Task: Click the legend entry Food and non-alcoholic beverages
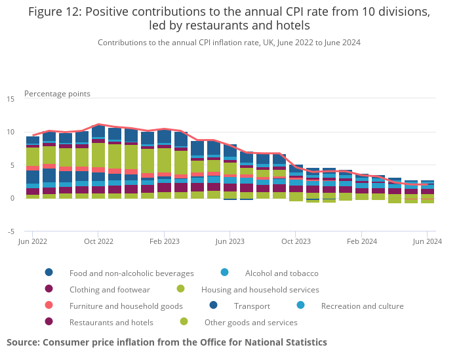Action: point(131,273)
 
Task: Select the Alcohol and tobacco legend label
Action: point(281,273)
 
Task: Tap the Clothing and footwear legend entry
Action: point(110,289)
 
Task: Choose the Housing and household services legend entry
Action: point(260,289)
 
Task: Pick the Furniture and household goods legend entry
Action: point(126,306)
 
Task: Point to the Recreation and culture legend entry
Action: point(362,306)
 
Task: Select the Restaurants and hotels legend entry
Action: point(111,323)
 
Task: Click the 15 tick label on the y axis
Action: point(10,99)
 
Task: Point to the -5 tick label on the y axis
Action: point(10,231)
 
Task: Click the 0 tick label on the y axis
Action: point(12,198)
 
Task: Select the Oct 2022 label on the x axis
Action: point(98,242)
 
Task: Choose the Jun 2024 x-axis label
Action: point(427,242)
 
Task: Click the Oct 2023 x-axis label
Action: point(295,242)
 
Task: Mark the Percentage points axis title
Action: point(57,94)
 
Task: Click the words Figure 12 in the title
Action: point(56,12)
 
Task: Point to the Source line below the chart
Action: point(167,342)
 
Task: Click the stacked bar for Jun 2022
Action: point(33,167)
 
